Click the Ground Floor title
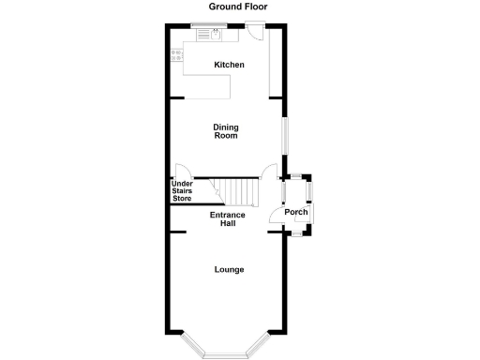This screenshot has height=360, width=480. point(238,7)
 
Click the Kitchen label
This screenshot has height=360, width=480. point(229,65)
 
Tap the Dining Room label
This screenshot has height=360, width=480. point(225,131)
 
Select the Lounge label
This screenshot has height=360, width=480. point(229,270)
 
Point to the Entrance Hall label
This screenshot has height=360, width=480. point(228,219)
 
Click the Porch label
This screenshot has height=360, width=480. point(296,212)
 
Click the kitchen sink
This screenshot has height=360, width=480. point(215,34)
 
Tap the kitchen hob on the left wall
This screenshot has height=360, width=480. point(174,56)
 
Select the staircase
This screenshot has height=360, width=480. point(239,191)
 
